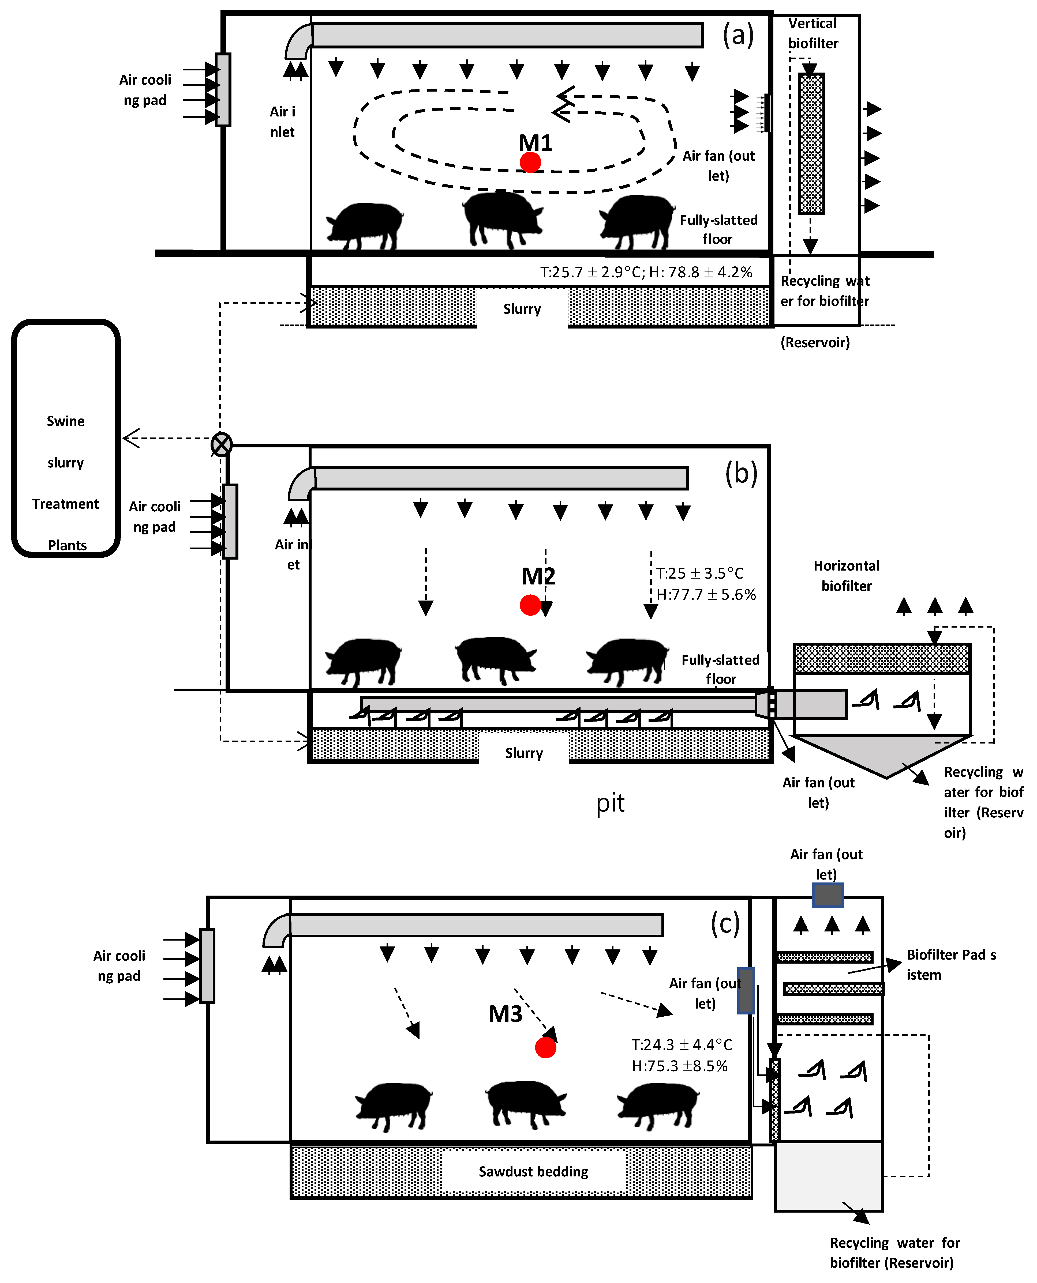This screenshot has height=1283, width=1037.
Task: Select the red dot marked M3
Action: (x=545, y=1047)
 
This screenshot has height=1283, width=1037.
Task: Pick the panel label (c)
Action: (x=725, y=924)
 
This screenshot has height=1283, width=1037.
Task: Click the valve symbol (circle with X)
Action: (x=222, y=444)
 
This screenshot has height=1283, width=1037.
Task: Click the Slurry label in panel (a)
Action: (x=522, y=309)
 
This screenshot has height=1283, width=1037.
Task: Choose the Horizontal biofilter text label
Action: (x=847, y=576)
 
